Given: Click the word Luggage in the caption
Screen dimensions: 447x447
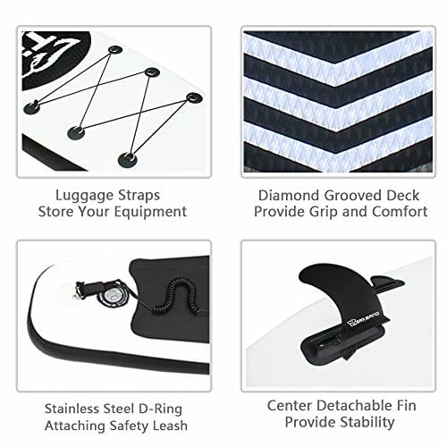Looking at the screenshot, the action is [85, 197].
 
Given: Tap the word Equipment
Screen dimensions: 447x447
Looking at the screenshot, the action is [150, 213].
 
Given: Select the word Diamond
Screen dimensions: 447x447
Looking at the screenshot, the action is [289, 196].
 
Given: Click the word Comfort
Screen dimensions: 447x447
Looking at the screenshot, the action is [400, 212].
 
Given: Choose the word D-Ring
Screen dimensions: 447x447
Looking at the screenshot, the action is [161, 409].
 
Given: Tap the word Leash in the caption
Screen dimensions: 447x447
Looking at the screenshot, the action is [169, 426].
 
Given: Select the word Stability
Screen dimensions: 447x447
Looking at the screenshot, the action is [367, 423].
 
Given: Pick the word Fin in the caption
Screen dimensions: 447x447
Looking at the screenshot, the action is [405, 406].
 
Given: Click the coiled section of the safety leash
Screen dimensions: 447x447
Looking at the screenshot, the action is [176, 297].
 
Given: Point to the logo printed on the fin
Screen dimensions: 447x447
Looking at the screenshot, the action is [363, 324].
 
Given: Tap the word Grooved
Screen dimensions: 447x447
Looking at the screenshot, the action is [353, 196].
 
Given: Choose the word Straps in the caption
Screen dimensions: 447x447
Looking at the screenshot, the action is [139, 197].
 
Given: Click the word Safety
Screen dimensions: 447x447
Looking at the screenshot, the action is [128, 426].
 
